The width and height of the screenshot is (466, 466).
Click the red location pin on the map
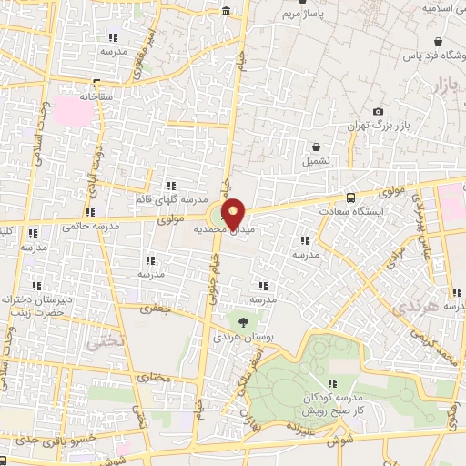tap(234, 213)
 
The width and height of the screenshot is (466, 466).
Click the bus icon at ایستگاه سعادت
tap(351, 197)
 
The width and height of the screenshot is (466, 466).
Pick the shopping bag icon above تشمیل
tap(317, 147)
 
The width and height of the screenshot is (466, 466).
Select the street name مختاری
tap(154, 376)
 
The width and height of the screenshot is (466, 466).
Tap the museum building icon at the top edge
tap(225, 11)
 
